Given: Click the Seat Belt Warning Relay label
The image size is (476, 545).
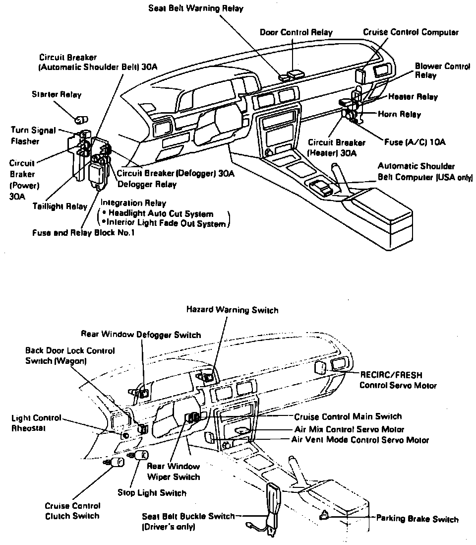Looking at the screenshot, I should pos(196,8).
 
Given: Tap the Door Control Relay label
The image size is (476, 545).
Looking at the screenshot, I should pos(296,32).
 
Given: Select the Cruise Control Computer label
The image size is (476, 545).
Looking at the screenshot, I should pos(411,32).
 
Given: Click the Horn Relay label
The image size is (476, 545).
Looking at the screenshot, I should pos(399,114).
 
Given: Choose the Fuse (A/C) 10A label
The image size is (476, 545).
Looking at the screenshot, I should pos(415,142).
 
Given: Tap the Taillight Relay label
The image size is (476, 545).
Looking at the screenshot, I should pos(60,206).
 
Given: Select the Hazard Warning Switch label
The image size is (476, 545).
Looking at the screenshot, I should pos(232,310).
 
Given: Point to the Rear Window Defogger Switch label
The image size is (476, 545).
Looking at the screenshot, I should pos(141,335).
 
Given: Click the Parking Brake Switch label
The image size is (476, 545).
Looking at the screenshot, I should pos(417,519).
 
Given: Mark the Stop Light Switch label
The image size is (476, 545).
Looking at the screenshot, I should pos(152,493).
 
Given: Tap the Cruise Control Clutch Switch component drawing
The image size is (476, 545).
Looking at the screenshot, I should pos(118,463).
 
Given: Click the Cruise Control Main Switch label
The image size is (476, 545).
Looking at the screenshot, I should pos(348,416).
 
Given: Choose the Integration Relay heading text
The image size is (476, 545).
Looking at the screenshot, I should pos(133,204).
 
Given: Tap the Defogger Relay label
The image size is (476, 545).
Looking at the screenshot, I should pos(147,184).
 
